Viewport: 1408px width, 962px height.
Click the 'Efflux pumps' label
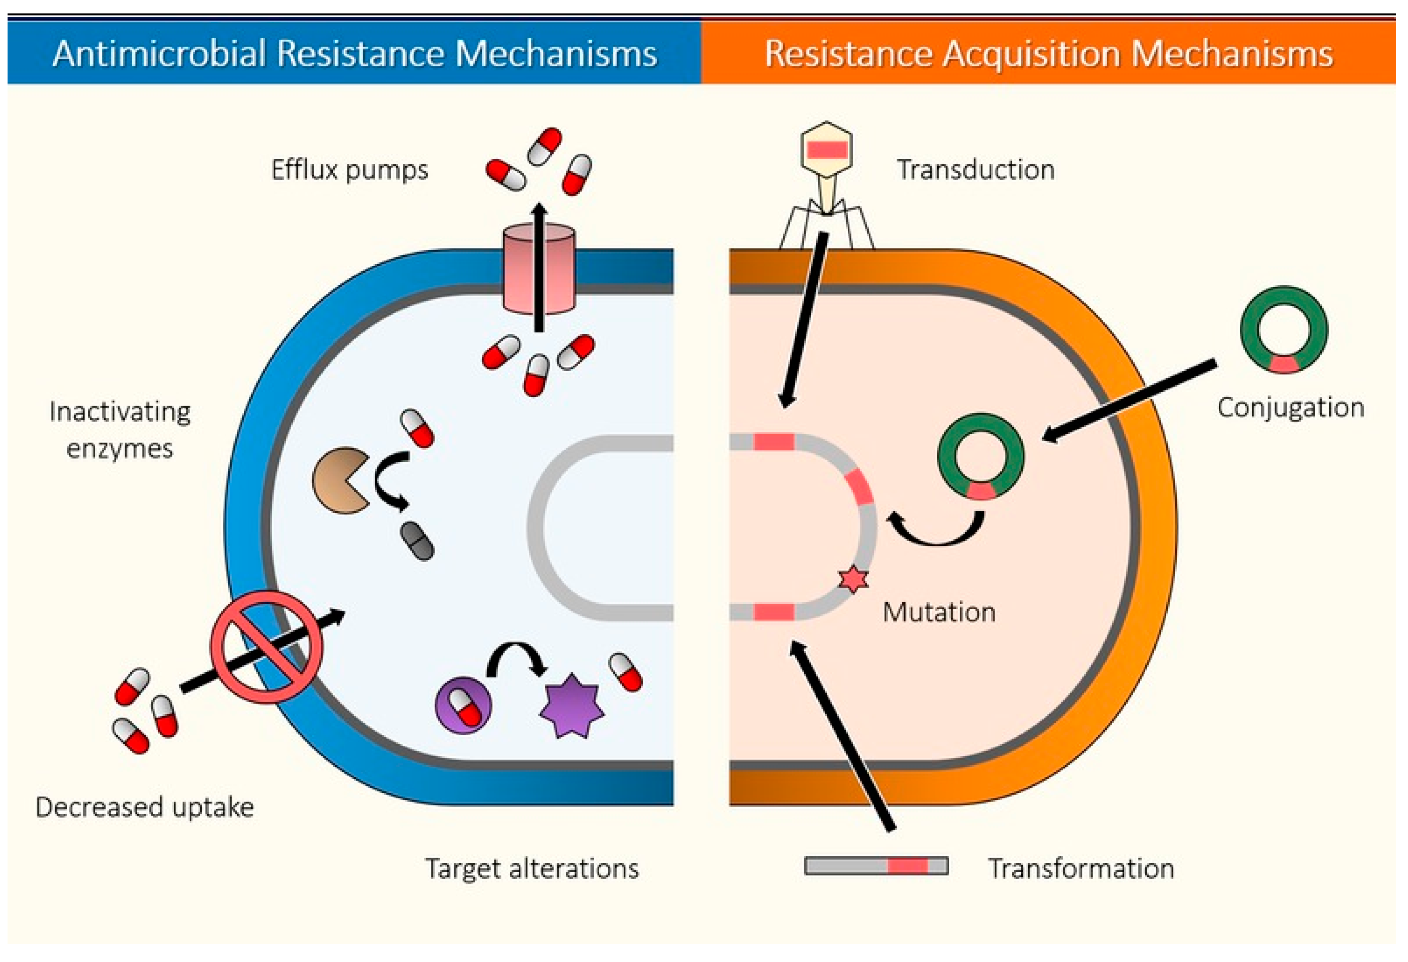pos(350,170)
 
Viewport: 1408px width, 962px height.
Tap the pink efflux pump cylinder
pos(538,269)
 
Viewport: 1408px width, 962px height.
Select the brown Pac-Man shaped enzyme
pos(338,480)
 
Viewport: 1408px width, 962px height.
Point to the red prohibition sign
pos(266,647)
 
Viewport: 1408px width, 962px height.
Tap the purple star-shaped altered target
pos(571,706)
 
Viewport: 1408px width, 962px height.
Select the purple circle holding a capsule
pos(463,705)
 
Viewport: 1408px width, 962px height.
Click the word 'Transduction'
pos(975,170)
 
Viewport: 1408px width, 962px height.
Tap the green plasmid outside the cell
pos(1284,330)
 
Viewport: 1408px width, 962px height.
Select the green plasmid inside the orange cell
pos(980,456)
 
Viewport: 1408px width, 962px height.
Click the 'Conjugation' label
pos(1290,407)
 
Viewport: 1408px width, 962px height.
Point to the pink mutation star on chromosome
pos(853,579)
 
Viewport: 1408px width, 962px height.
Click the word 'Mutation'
pos(938,612)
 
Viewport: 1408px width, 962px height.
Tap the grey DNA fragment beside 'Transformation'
pos(876,865)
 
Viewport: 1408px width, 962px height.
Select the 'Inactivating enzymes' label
pos(120,430)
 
